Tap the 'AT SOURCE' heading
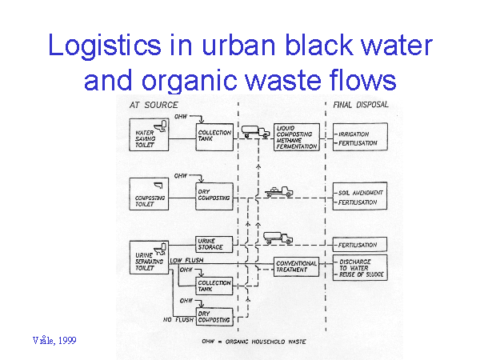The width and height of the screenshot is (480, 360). pyautogui.click(x=154, y=105)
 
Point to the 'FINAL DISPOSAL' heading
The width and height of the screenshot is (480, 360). pyautogui.click(x=359, y=105)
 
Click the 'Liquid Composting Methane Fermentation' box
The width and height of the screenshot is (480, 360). pyautogui.click(x=297, y=136)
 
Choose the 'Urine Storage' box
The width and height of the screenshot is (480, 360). pyautogui.click(x=213, y=244)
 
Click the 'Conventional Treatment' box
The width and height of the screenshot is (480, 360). pyautogui.click(x=296, y=266)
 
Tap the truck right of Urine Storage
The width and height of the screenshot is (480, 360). pyautogui.click(x=277, y=237)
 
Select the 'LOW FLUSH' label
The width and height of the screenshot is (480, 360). pyautogui.click(x=185, y=261)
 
